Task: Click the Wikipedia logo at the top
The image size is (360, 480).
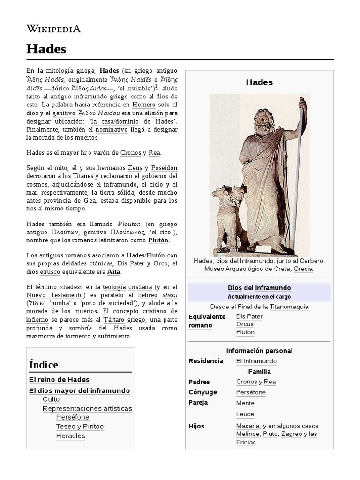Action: pyautogui.click(x=53, y=29)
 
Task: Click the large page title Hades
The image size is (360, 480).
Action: pyautogui.click(x=46, y=49)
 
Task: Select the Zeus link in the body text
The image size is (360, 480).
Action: pyautogui.click(x=135, y=168)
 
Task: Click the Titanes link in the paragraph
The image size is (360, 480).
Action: pyautogui.click(x=83, y=176)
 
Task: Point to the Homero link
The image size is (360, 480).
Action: pyautogui.click(x=143, y=105)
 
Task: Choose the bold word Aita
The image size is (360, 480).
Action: pyautogui.click(x=114, y=272)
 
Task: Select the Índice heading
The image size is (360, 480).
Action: pyautogui.click(x=44, y=364)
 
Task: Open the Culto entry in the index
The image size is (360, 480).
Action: pyautogui.click(x=51, y=399)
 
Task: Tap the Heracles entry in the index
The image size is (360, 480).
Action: pyautogui.click(x=71, y=435)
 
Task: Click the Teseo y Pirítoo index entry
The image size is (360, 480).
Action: pyautogui.click(x=80, y=427)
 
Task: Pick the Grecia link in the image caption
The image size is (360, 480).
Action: pyautogui.click(x=303, y=269)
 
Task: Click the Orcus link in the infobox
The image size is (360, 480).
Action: pyautogui.click(x=245, y=324)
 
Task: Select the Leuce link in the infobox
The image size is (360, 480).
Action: pyautogui.click(x=245, y=414)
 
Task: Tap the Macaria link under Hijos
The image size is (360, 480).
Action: pyautogui.click(x=248, y=426)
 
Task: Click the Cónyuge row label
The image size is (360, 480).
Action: pyautogui.click(x=202, y=392)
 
